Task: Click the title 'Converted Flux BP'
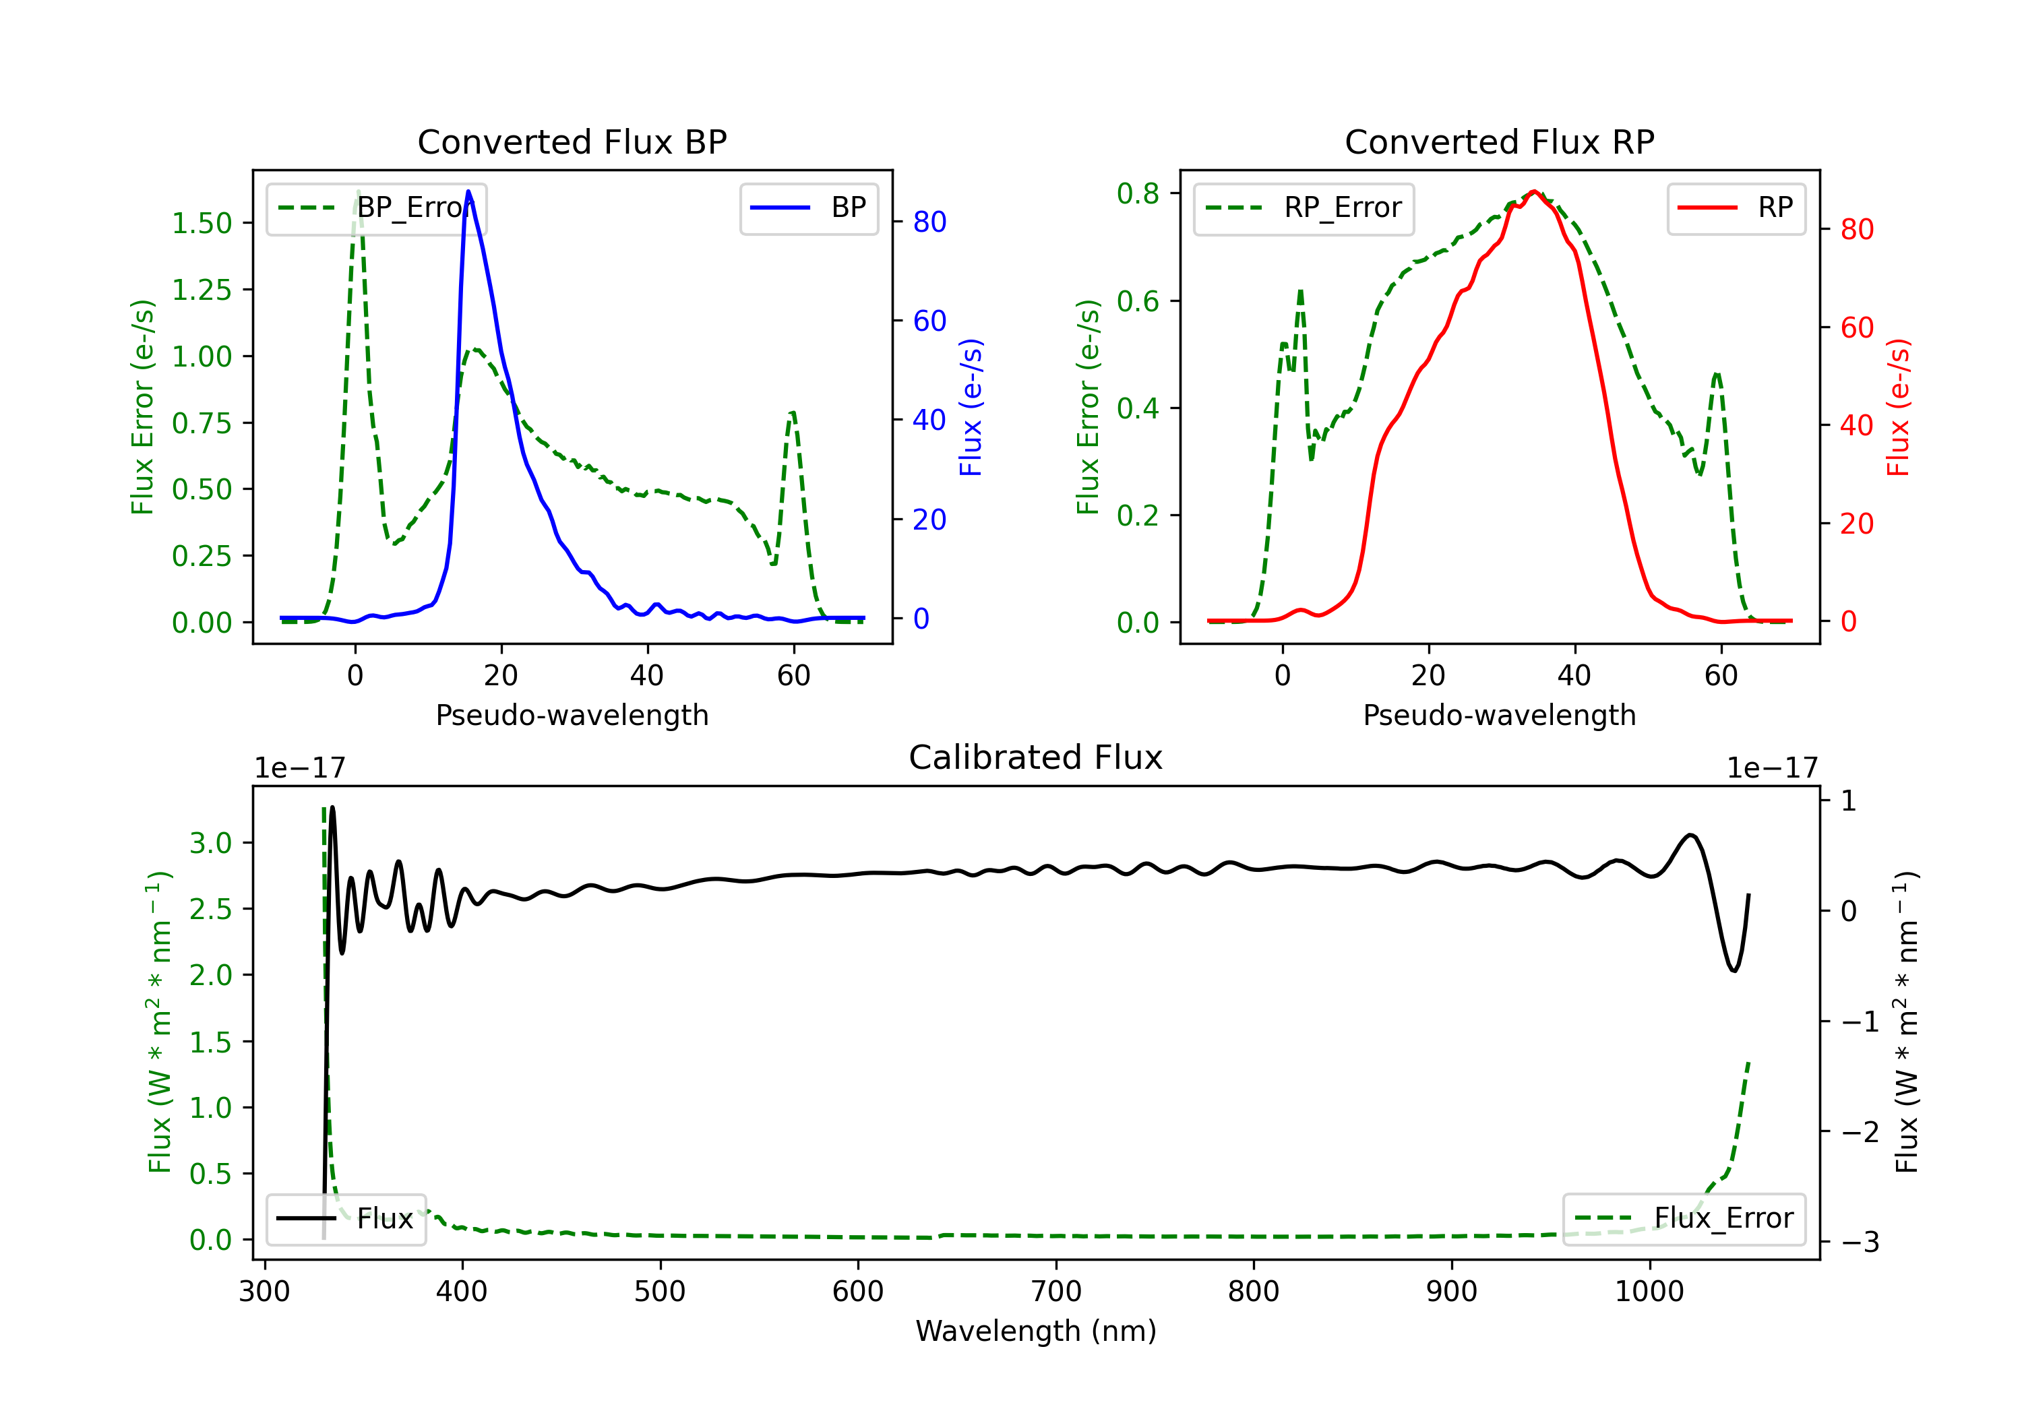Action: tap(572, 141)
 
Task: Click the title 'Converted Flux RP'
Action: tap(1499, 141)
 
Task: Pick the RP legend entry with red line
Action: tap(1735, 208)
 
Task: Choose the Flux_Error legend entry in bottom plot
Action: tap(1683, 1219)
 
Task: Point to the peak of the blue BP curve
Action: tap(468, 191)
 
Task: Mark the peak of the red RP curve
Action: tap(1534, 191)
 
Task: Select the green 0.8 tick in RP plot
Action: tap(1138, 193)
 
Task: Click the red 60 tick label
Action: tap(1858, 327)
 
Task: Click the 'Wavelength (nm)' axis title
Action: tap(1036, 1331)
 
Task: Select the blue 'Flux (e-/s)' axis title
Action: tap(971, 407)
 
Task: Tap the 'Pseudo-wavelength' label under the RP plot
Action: tap(1499, 715)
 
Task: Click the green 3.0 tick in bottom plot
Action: tap(210, 843)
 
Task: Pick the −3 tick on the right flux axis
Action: tap(1859, 1243)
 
